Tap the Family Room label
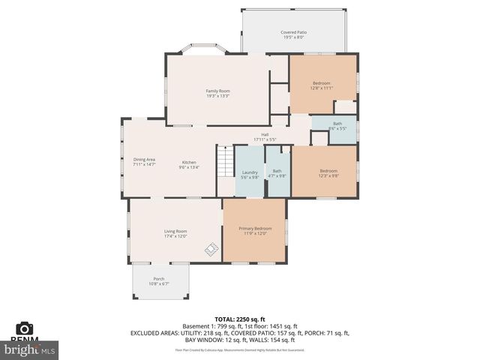coord(217,91)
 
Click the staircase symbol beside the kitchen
coord(225,160)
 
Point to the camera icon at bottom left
coord(25,328)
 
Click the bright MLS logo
coord(30,349)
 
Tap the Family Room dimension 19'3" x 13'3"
coord(217,96)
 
